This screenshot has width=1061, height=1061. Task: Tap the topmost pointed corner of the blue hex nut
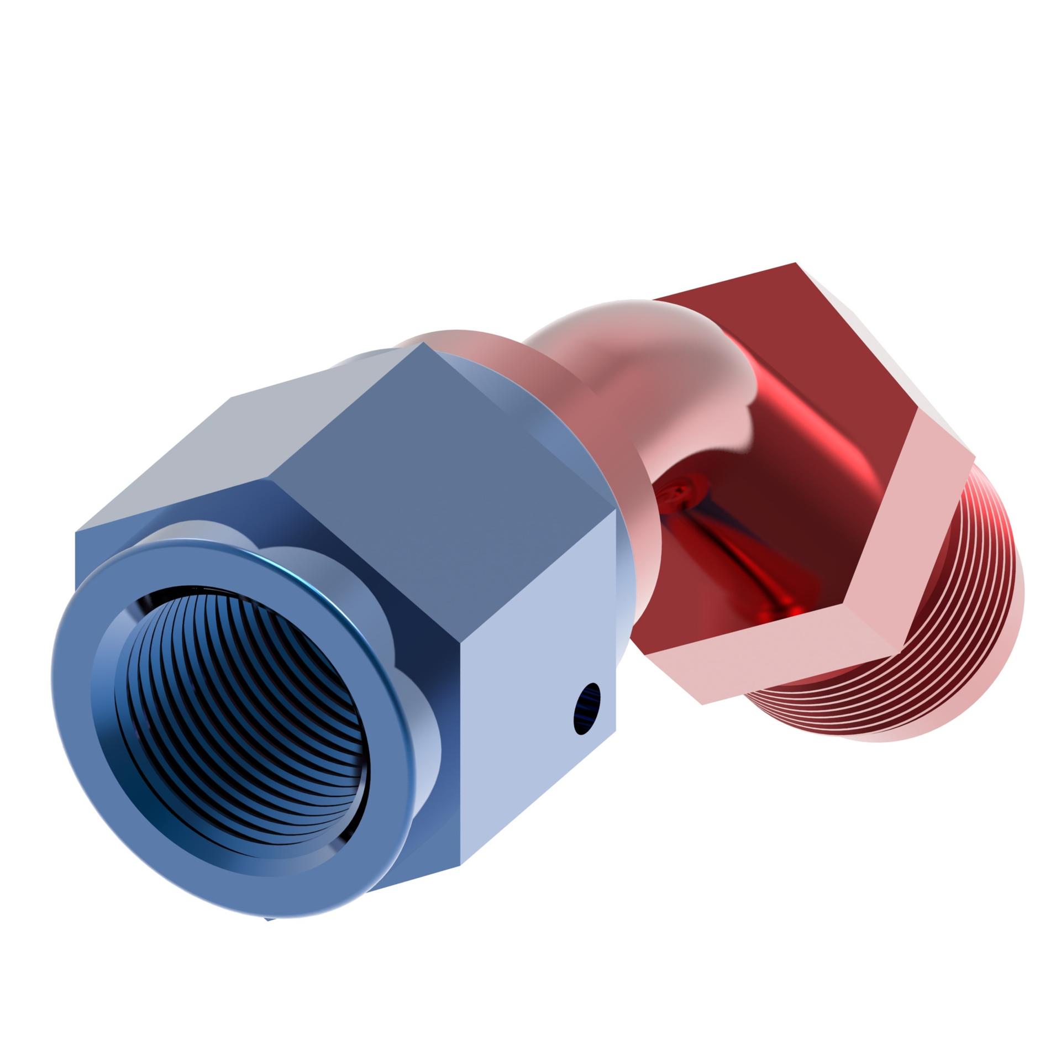(423, 343)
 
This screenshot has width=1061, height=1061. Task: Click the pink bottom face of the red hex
(774, 663)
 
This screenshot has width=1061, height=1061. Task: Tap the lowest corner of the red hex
(702, 703)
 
